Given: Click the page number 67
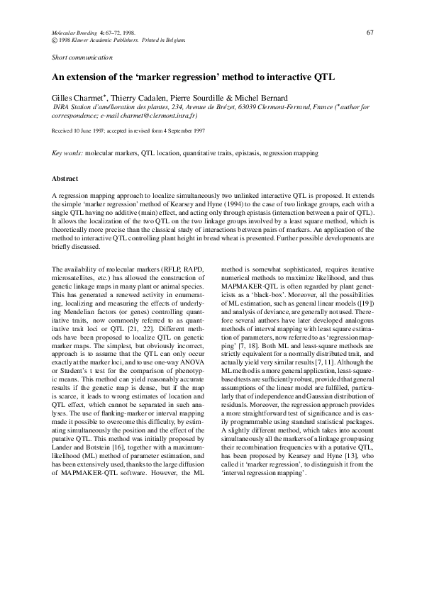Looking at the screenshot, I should point(370,33).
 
